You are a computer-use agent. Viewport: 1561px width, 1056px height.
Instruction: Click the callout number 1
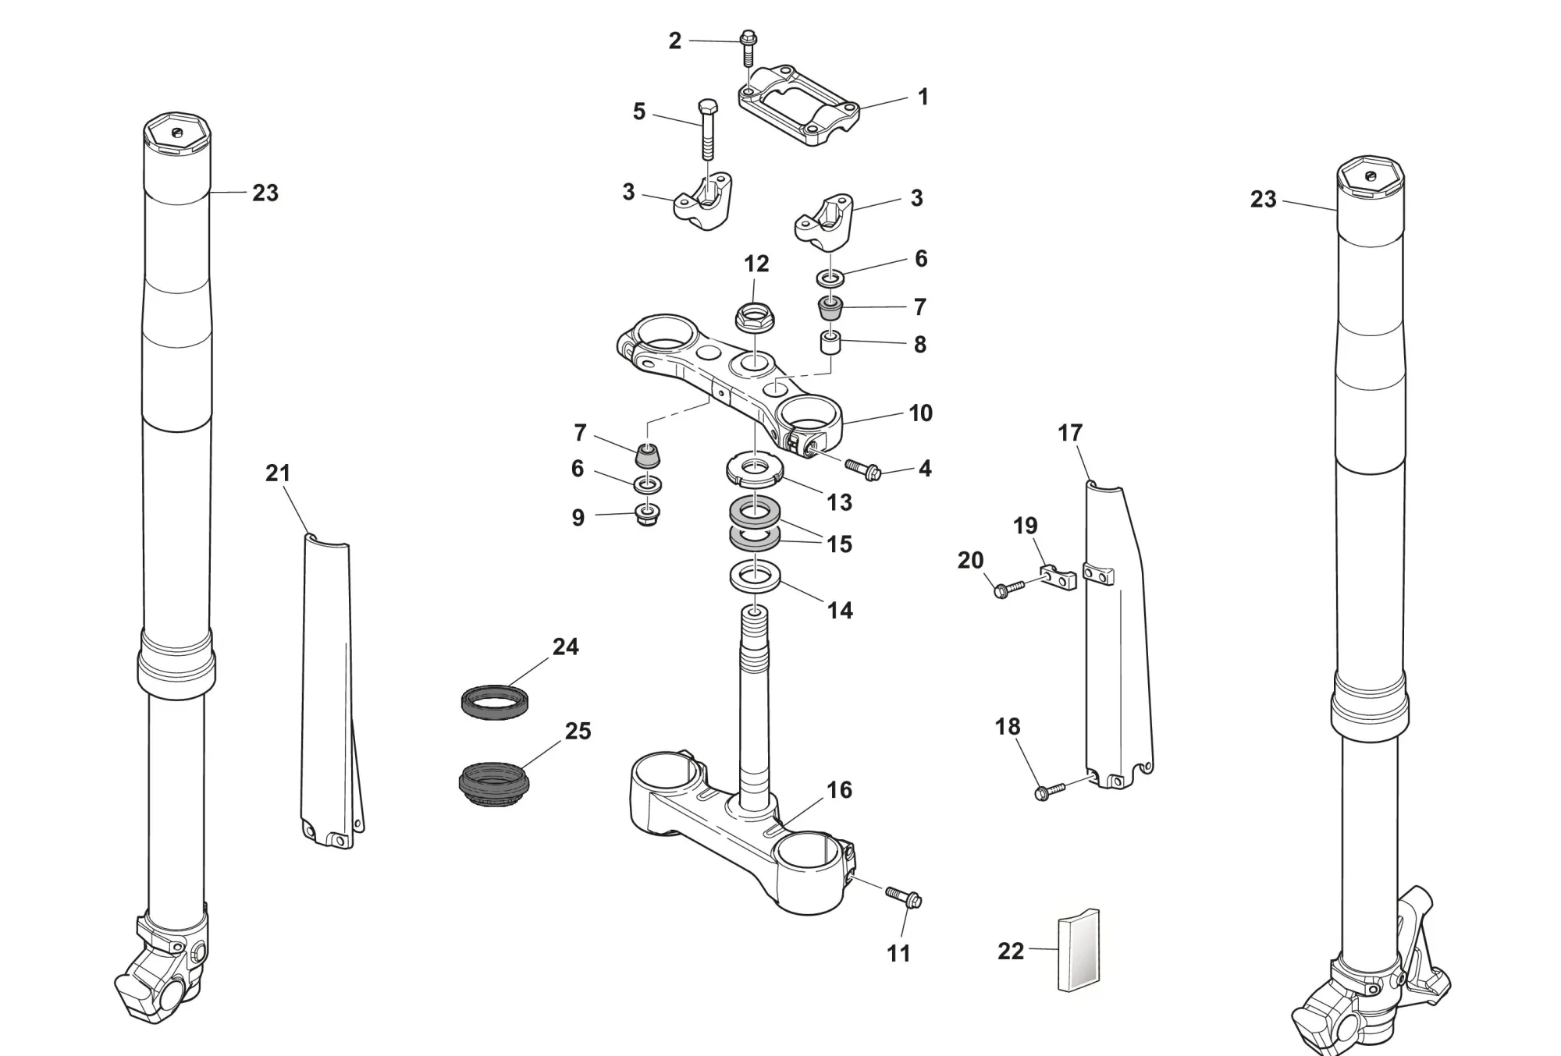[923, 97]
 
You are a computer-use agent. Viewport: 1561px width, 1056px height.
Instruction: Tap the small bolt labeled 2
[748, 48]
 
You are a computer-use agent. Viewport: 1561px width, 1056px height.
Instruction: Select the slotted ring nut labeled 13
[754, 470]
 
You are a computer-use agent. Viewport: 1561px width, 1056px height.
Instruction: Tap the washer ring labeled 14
[754, 578]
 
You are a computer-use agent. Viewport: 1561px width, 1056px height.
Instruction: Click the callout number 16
[839, 789]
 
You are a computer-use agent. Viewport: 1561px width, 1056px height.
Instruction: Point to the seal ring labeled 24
[494, 700]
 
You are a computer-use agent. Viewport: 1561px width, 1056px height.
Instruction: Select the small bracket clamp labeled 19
[1058, 578]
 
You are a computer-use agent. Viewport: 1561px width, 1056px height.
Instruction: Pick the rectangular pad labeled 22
[1079, 951]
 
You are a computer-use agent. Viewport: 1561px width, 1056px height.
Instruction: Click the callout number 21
[278, 473]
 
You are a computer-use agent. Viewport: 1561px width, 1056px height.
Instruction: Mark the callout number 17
[1070, 432]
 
